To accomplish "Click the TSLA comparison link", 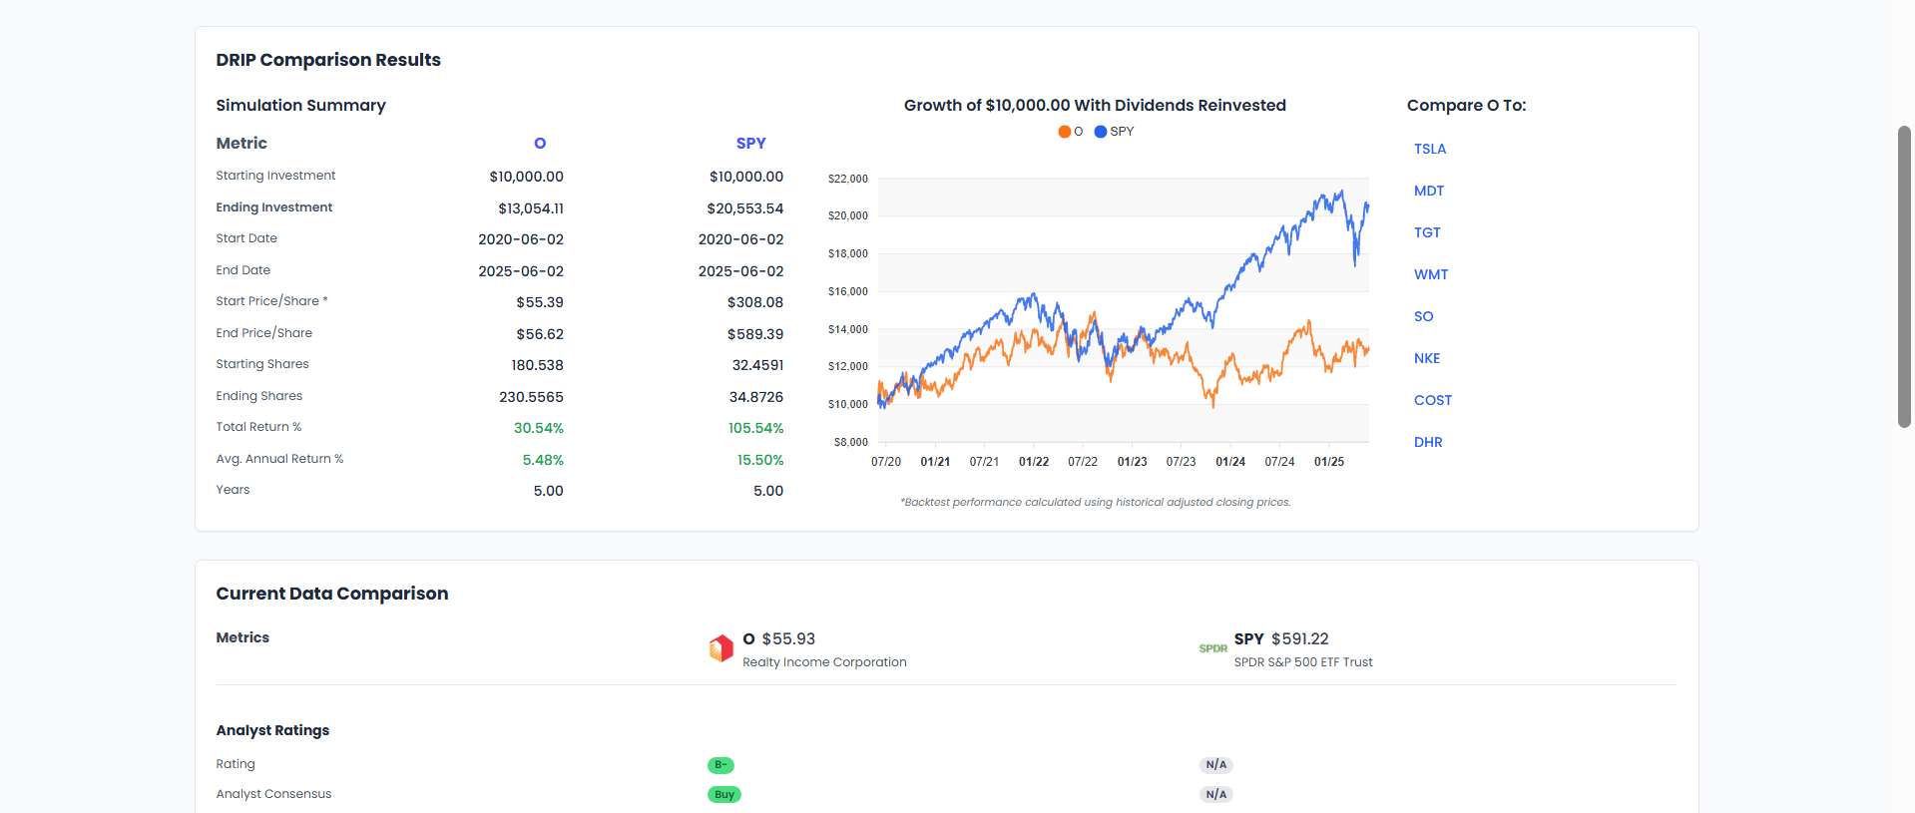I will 1429,149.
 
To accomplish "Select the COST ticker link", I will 1432,400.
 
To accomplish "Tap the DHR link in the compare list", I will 1427,442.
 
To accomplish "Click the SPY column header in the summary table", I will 750,144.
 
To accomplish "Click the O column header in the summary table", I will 540,144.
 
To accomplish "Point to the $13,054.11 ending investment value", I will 530,208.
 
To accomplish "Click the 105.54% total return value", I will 755,428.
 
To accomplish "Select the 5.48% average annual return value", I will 543,460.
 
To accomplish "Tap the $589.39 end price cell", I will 754,334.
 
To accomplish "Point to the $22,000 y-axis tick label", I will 847,179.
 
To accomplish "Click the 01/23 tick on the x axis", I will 1132,462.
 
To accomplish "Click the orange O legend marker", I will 1065,132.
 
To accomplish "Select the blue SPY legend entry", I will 1114,132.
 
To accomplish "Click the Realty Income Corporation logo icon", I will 720,648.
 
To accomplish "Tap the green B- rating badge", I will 720,765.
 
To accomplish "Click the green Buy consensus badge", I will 724,795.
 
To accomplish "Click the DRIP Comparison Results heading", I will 328,60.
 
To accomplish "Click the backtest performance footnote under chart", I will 1095,502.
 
